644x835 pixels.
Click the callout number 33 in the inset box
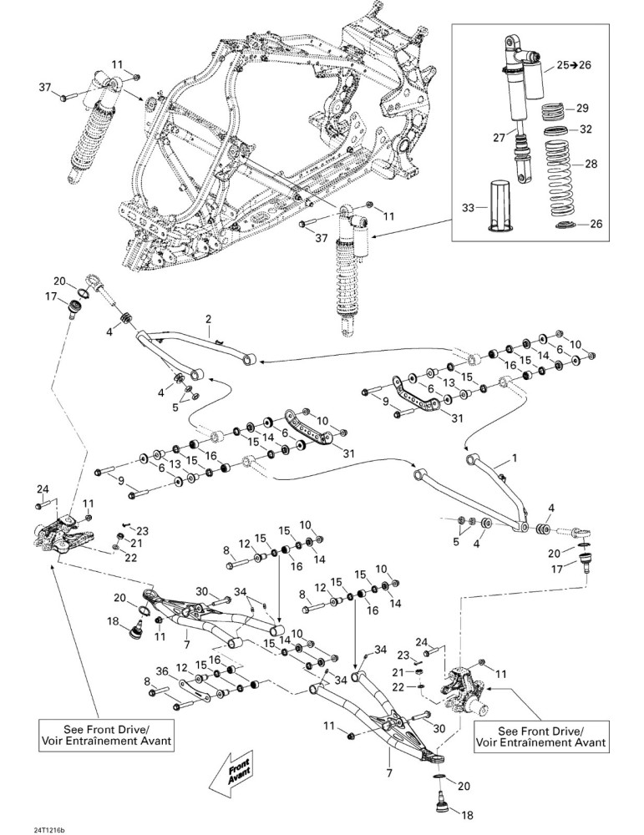click(x=468, y=208)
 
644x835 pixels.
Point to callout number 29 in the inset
click(x=582, y=108)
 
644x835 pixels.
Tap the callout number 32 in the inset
click(x=586, y=129)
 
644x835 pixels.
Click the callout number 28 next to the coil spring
click(x=591, y=164)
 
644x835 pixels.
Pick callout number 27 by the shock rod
click(x=499, y=138)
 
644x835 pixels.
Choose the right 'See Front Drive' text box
click(x=540, y=736)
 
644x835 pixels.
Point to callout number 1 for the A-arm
click(x=514, y=458)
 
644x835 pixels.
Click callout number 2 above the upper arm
click(x=208, y=319)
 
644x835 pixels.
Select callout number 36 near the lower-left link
click(x=163, y=671)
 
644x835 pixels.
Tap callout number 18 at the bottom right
click(x=466, y=815)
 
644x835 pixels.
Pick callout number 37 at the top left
click(x=46, y=86)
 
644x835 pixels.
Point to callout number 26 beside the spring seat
click(x=596, y=224)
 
